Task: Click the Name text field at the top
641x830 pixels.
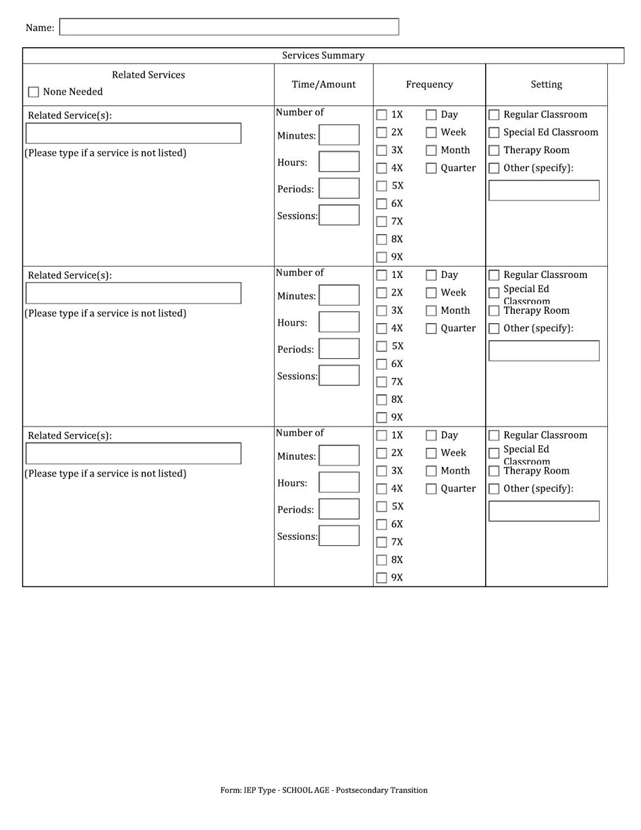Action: pyautogui.click(x=229, y=27)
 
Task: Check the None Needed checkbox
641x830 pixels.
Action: pyautogui.click(x=34, y=92)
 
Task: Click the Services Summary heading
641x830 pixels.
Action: pyautogui.click(x=323, y=55)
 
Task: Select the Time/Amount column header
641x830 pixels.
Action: pyautogui.click(x=323, y=84)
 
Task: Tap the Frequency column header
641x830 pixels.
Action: pyautogui.click(x=429, y=84)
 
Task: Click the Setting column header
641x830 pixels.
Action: pyautogui.click(x=546, y=84)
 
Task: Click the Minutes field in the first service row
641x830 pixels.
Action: pyautogui.click(x=339, y=135)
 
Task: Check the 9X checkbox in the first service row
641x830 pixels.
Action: pyautogui.click(x=382, y=257)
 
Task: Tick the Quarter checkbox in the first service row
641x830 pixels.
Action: pyautogui.click(x=431, y=169)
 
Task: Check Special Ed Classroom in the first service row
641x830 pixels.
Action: pyautogui.click(x=494, y=133)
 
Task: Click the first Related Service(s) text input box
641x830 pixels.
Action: pyautogui.click(x=133, y=133)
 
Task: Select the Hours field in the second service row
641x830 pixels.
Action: pyautogui.click(x=339, y=322)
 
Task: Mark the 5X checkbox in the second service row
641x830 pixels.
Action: pyautogui.click(x=382, y=346)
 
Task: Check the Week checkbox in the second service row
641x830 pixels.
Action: pyautogui.click(x=431, y=293)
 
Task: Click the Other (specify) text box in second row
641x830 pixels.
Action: pyautogui.click(x=544, y=351)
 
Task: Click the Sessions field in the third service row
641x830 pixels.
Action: pyautogui.click(x=339, y=536)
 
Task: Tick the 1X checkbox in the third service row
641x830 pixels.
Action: pyautogui.click(x=382, y=435)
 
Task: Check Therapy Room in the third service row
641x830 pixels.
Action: pyautogui.click(x=494, y=471)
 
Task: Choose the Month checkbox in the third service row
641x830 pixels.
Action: pyautogui.click(x=431, y=471)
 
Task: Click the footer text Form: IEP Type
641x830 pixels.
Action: pyautogui.click(x=323, y=790)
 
